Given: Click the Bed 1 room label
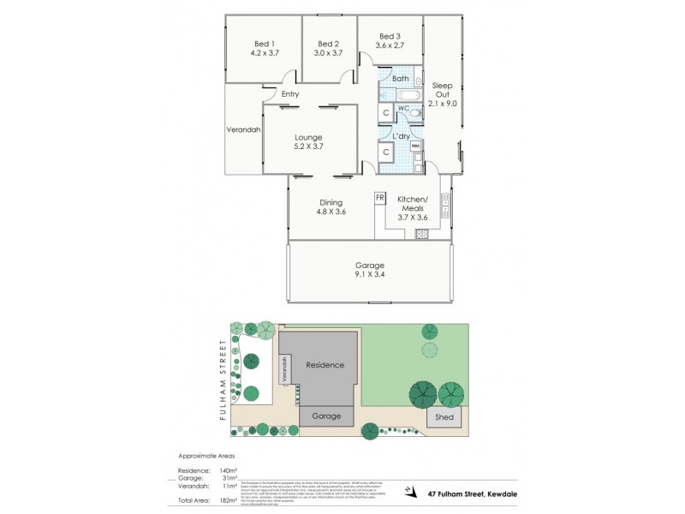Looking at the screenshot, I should [x=264, y=44].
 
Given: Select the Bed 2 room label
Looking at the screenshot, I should [x=329, y=44].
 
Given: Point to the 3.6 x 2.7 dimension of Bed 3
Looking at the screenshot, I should [x=390, y=45].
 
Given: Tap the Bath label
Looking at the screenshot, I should [x=400, y=79].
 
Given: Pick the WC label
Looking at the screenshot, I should [x=403, y=108].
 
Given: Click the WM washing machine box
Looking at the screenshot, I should [x=415, y=146].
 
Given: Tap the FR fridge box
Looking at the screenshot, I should [x=379, y=198].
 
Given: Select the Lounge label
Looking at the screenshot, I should [x=308, y=136].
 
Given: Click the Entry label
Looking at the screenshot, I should [x=289, y=94].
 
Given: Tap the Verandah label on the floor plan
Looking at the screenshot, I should [x=243, y=130].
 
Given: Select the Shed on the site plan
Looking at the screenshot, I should [x=444, y=417].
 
